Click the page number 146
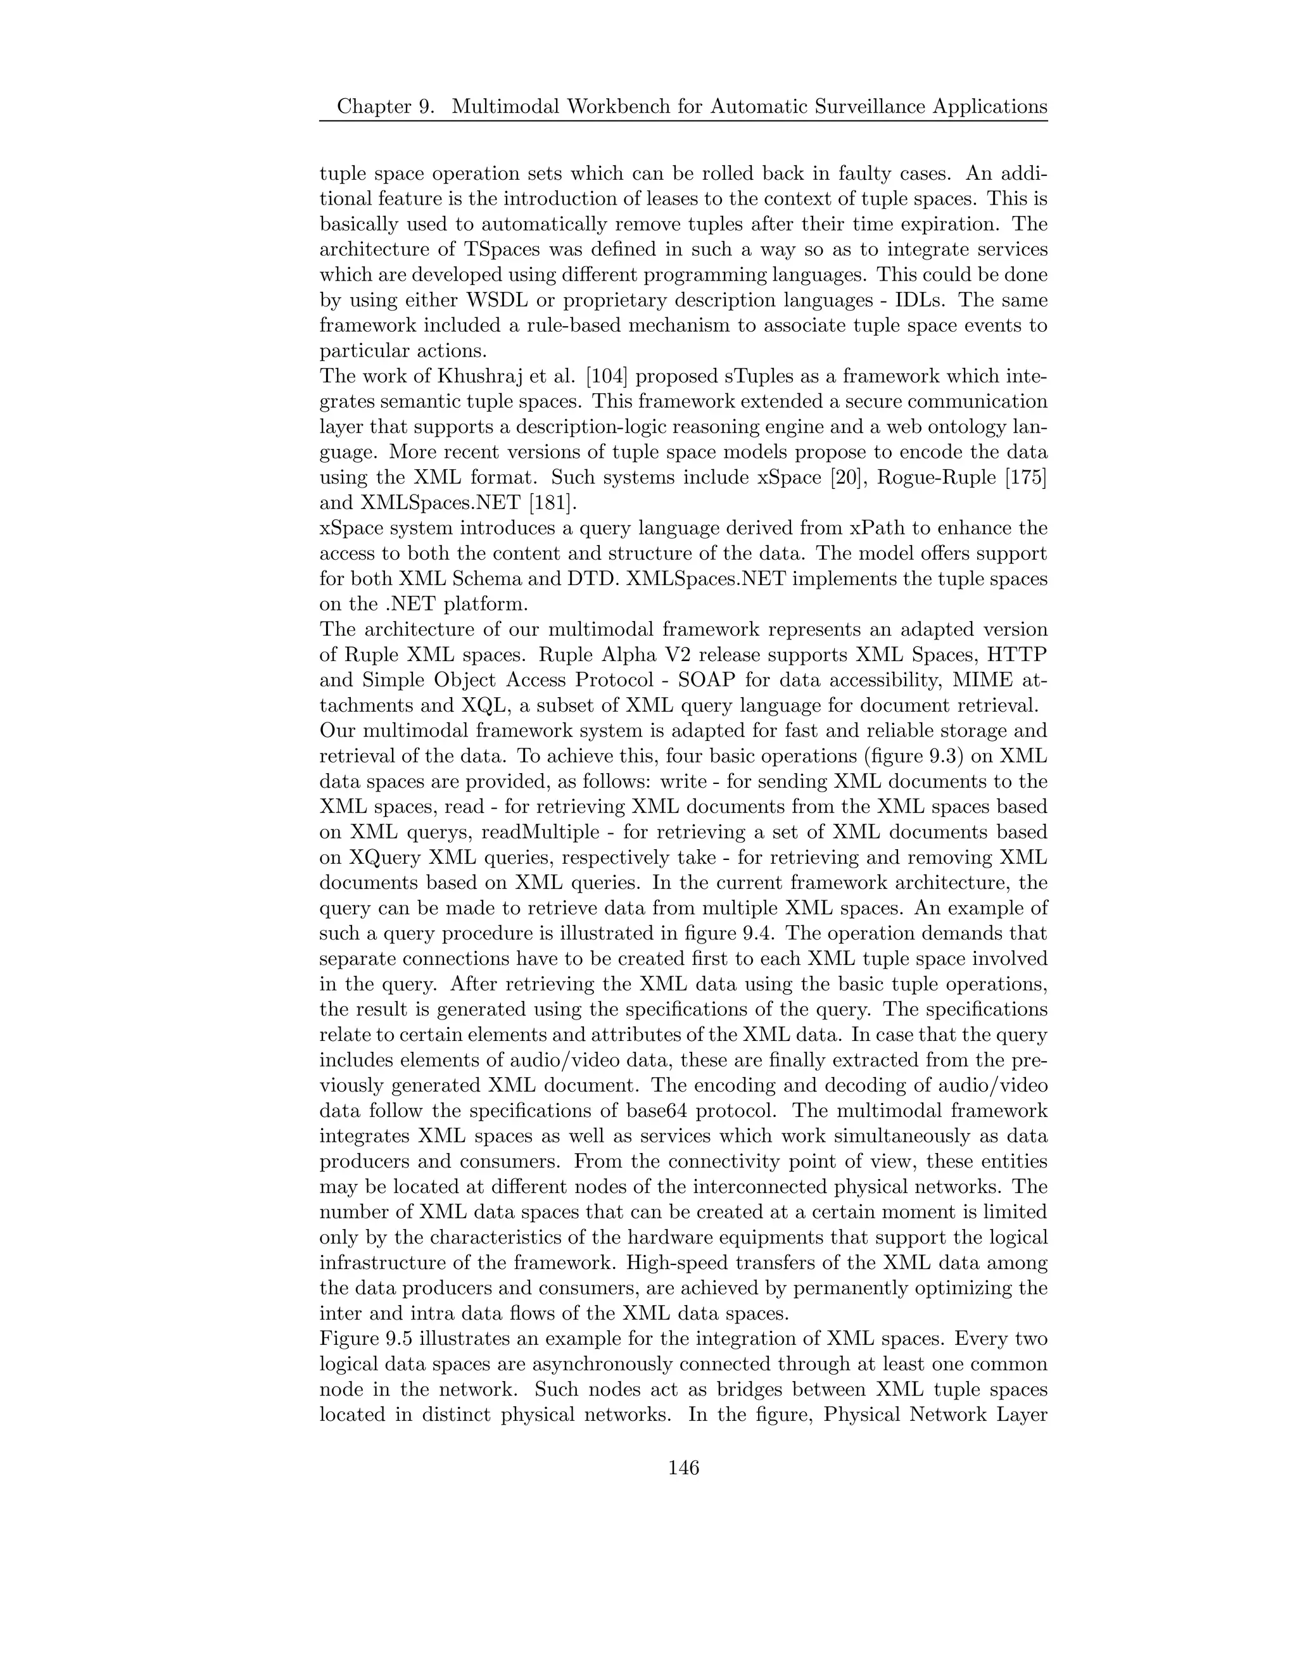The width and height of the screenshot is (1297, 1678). click(x=683, y=1468)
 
